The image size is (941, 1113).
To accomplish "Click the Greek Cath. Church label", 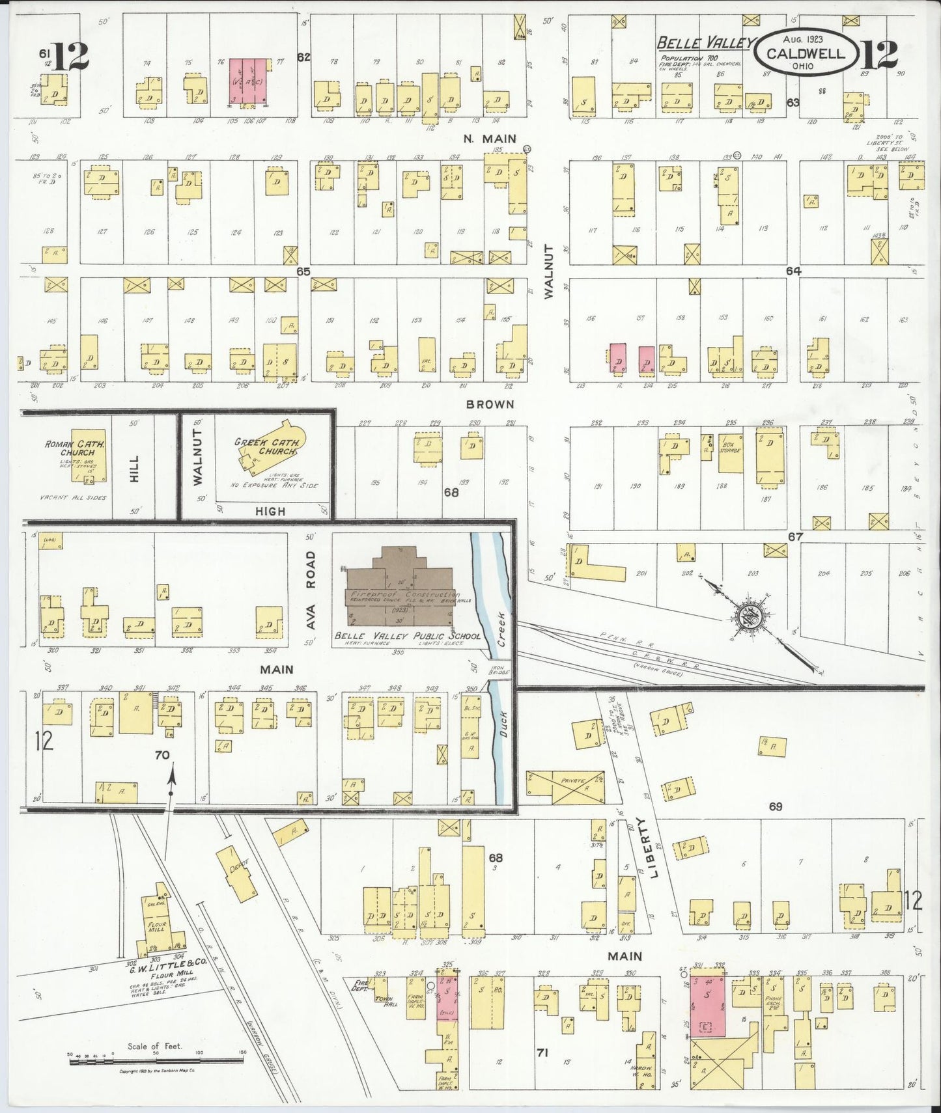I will pyautogui.click(x=267, y=447).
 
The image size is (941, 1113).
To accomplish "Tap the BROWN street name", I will pyautogui.click(x=490, y=404).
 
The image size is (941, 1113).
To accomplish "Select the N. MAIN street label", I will pyautogui.click(x=490, y=138).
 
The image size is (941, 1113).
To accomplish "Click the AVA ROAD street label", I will pyautogui.click(x=311, y=590).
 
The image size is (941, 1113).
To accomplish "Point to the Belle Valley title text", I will pyautogui.click(x=703, y=44).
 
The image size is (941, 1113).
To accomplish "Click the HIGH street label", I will pyautogui.click(x=270, y=512).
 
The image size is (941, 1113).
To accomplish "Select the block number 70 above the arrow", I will pyautogui.click(x=162, y=756).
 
